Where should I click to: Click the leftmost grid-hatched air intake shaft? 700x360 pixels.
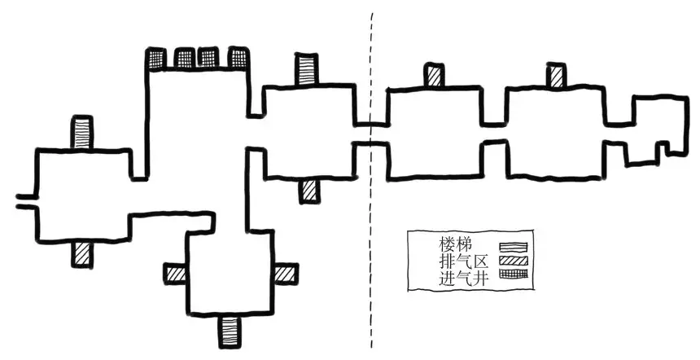click(155, 58)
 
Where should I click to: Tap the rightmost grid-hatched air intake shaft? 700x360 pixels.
click(238, 58)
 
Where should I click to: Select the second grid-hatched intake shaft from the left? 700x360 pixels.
click(183, 58)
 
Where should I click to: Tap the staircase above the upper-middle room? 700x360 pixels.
click(307, 68)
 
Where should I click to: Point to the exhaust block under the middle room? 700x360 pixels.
click(308, 191)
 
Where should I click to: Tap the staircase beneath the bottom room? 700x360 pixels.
click(230, 329)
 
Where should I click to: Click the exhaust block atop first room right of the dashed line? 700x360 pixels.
click(434, 76)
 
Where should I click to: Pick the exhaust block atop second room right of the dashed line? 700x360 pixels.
click(558, 76)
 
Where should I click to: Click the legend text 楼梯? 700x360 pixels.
click(456, 244)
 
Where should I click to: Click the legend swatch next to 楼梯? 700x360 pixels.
click(514, 245)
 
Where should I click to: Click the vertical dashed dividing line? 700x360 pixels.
click(373, 244)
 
